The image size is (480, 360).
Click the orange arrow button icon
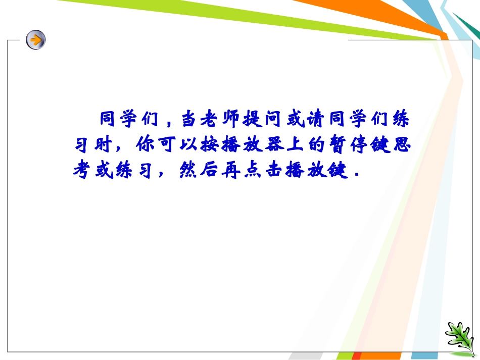pos(36,39)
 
